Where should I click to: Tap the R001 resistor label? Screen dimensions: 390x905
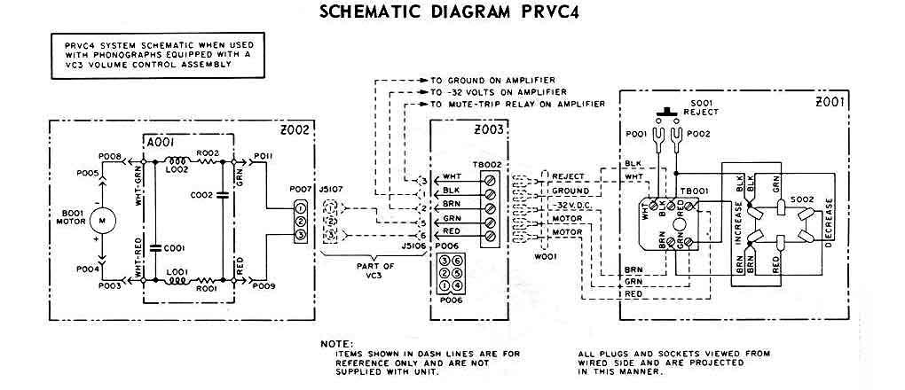(206, 290)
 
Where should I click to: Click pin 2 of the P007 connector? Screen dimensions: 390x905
(301, 221)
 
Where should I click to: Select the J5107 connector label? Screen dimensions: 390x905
(331, 188)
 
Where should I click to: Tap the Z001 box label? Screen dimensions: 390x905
(831, 102)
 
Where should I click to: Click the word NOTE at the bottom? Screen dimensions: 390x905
(336, 343)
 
